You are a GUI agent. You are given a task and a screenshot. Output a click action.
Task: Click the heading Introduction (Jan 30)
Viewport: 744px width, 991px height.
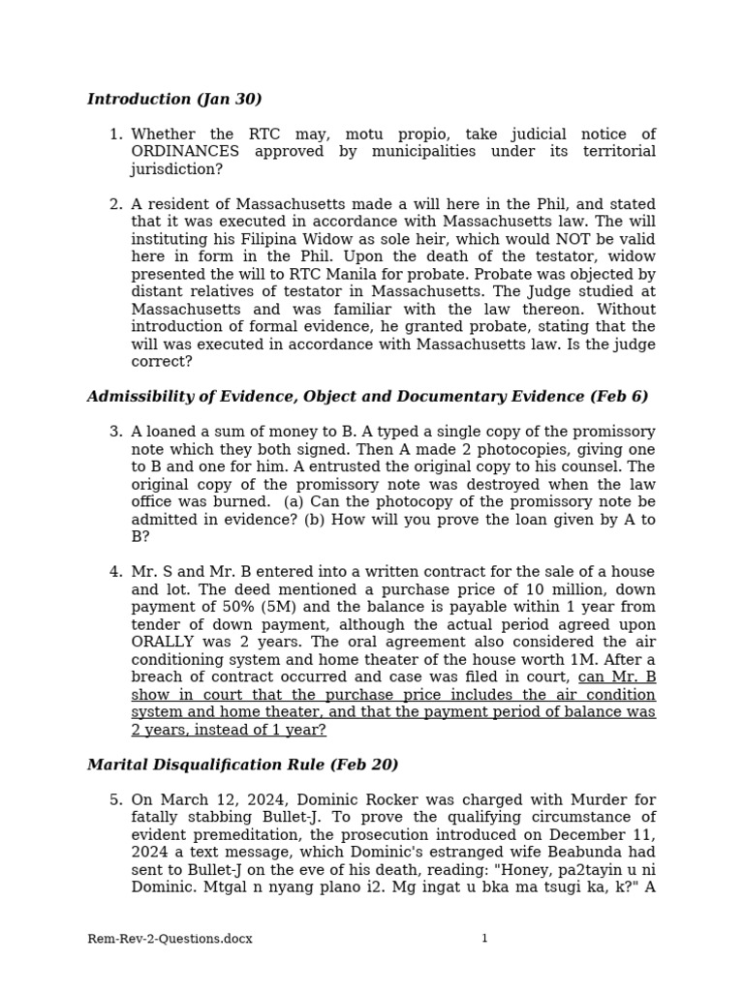(174, 99)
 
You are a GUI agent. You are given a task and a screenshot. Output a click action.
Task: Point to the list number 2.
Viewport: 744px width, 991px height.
(115, 204)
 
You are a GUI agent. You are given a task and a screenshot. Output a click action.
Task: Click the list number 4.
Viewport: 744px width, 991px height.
(115, 572)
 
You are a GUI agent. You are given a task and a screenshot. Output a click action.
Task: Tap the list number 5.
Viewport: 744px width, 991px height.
(115, 800)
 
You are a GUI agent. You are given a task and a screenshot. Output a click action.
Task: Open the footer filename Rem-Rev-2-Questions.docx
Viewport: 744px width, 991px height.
(170, 939)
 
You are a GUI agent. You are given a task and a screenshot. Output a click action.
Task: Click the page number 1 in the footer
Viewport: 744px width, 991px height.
(484, 939)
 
